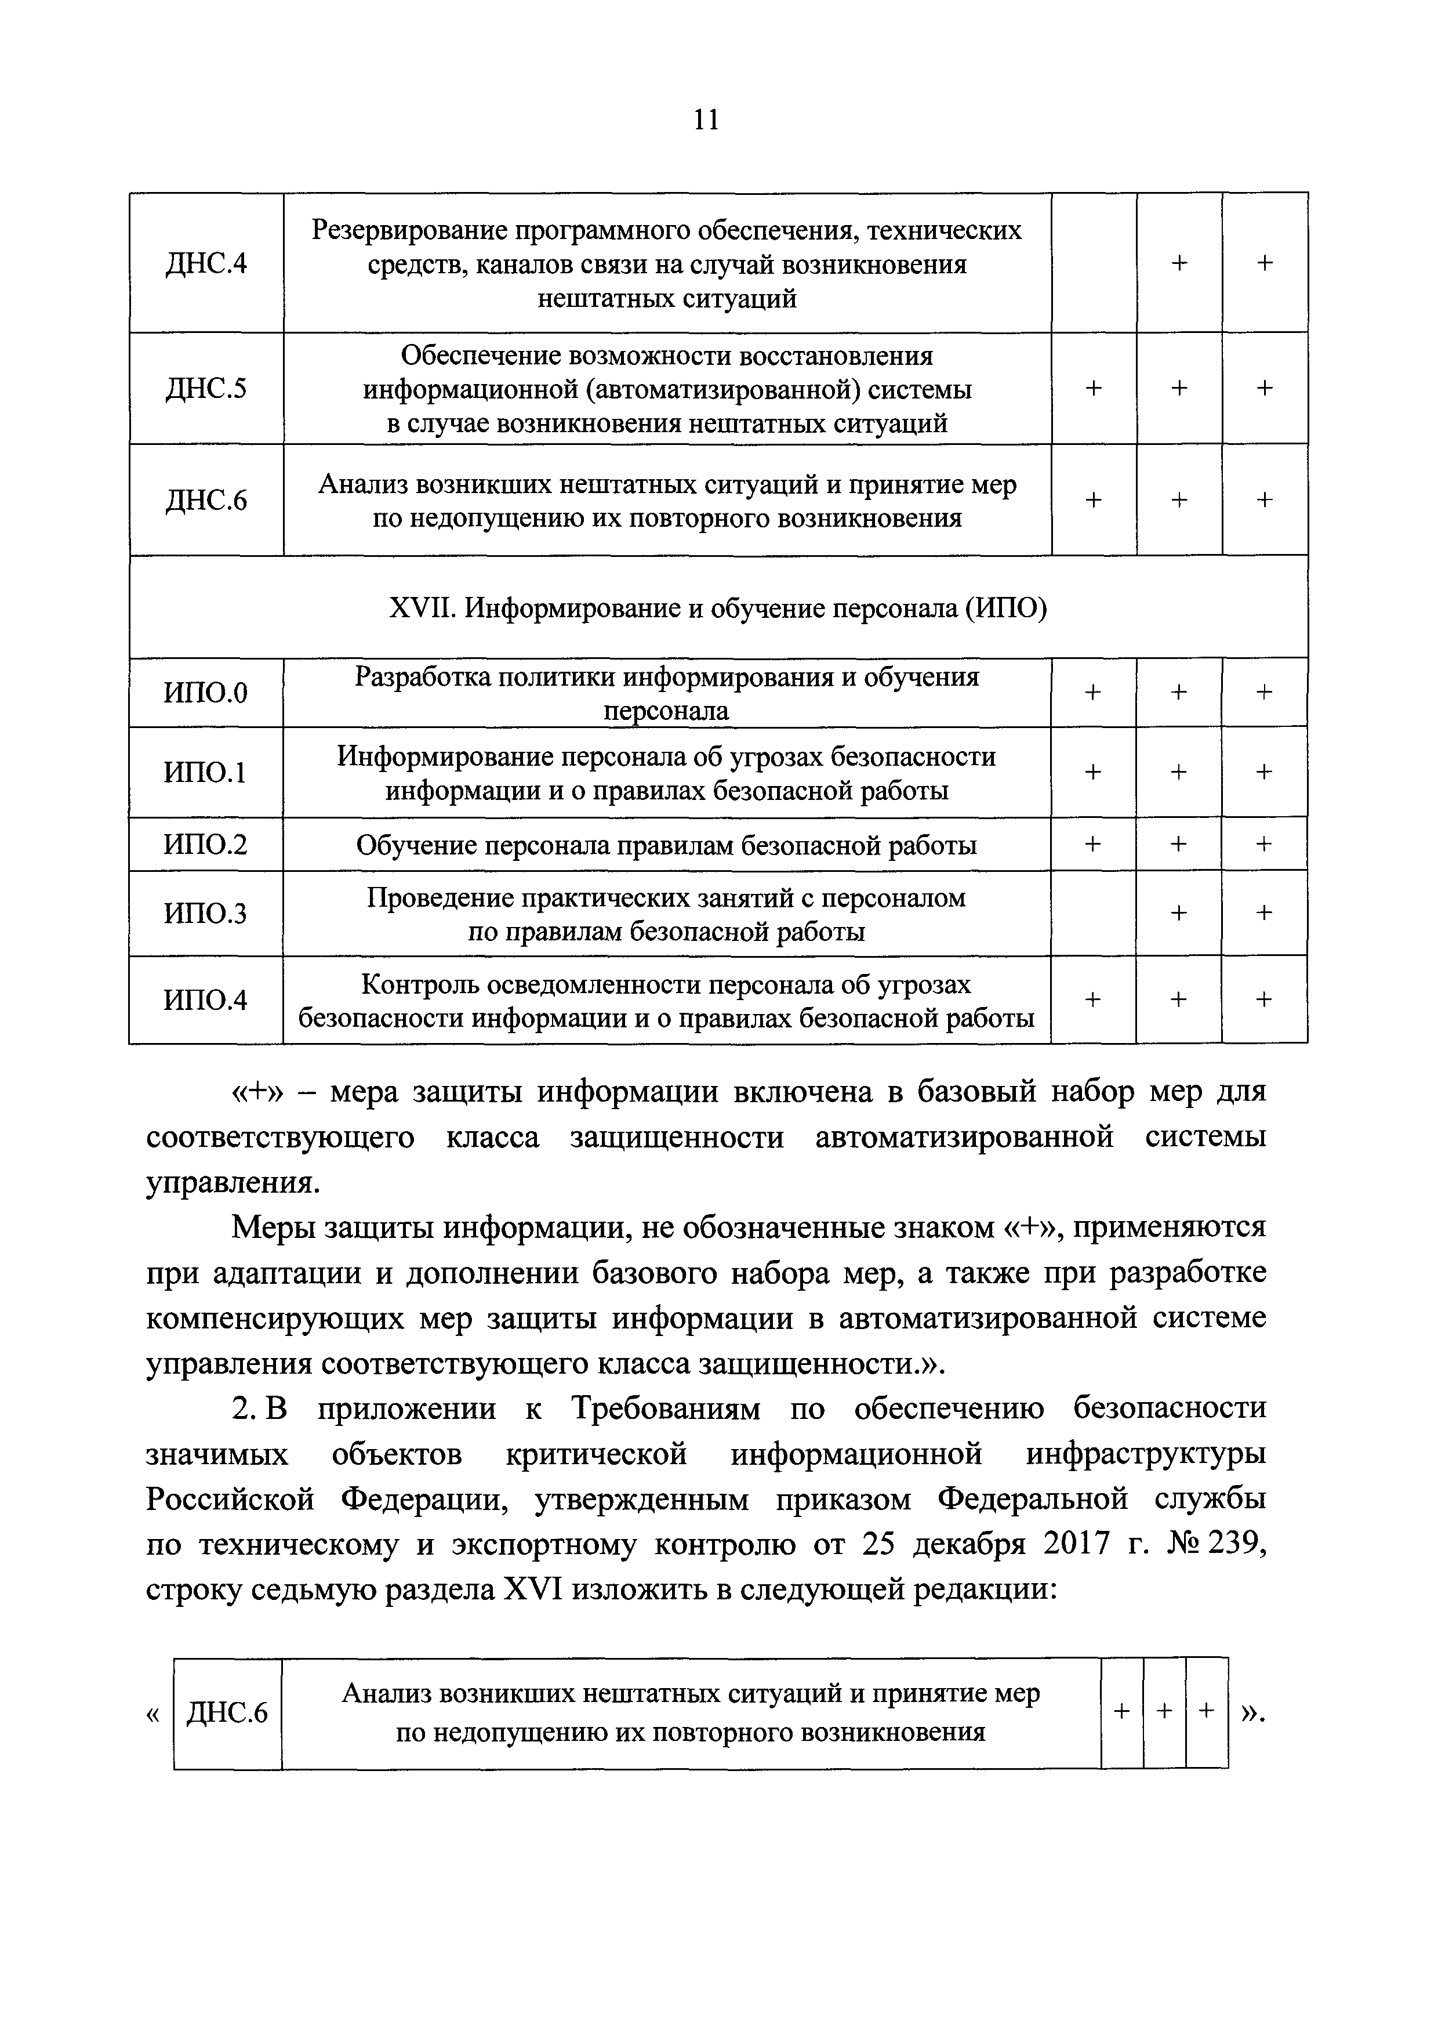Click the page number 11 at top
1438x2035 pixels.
[x=706, y=120]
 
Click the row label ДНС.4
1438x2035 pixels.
[x=206, y=264]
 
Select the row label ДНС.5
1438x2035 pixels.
[x=206, y=389]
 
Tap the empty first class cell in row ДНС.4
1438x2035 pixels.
[x=1094, y=263]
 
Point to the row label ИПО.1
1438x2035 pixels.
[x=206, y=773]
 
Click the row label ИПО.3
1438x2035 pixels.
[x=206, y=913]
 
